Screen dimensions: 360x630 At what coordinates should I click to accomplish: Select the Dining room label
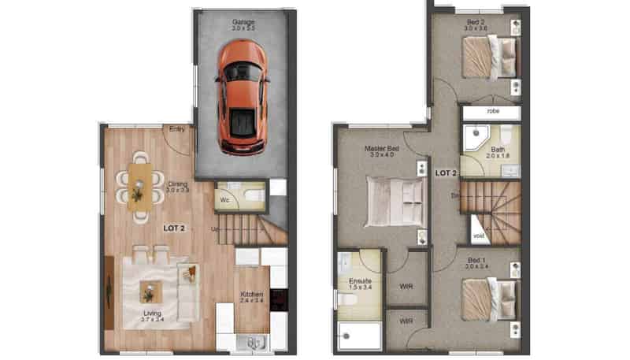click(177, 185)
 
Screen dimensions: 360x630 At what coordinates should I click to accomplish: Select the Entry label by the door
click(177, 129)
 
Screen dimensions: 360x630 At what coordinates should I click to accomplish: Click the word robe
click(493, 111)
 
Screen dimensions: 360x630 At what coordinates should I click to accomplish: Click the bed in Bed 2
click(488, 58)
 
